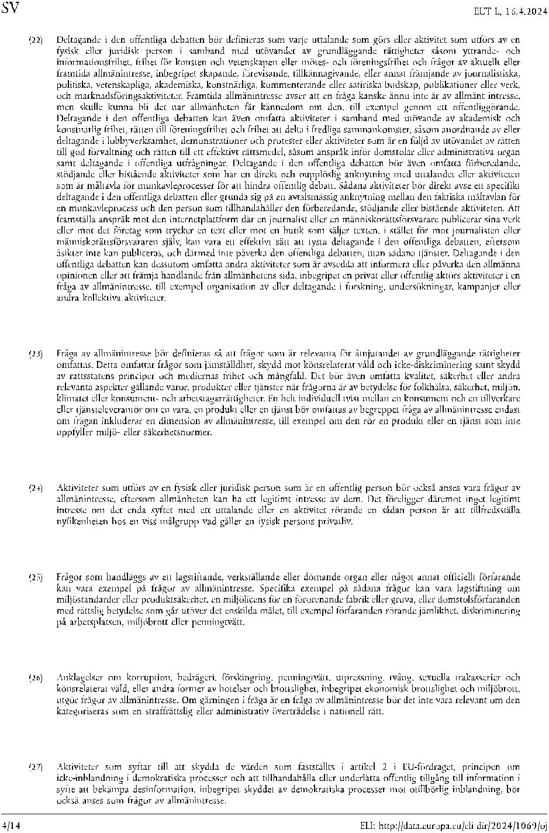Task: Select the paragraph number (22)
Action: coord(36,40)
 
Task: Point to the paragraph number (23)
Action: coord(36,354)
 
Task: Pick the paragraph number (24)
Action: coord(36,487)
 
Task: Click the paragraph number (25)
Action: coord(36,577)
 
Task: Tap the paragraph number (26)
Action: coord(36,678)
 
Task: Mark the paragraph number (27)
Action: coord(36,767)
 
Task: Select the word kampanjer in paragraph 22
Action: coord(478,287)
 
